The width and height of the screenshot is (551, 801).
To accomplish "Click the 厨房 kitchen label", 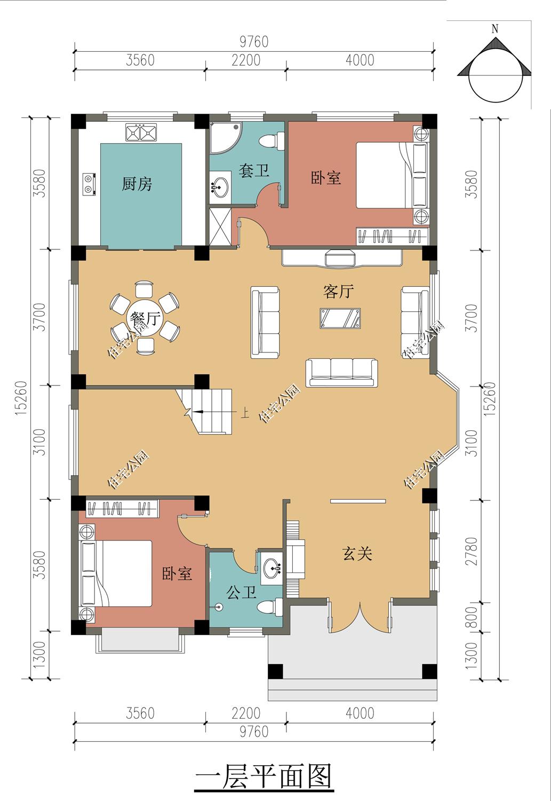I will pyautogui.click(x=137, y=185).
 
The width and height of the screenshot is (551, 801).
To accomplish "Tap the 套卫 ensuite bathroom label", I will pyautogui.click(x=253, y=171).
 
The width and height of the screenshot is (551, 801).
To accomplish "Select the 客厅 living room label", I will pyautogui.click(x=338, y=292).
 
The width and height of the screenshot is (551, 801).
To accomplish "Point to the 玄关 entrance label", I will pyautogui.click(x=357, y=554).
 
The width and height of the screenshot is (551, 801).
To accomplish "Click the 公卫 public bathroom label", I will pyautogui.click(x=242, y=592).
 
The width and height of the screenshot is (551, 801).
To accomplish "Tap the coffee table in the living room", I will pyautogui.click(x=340, y=318).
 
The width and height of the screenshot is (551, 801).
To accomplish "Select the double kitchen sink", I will pyautogui.click(x=141, y=132).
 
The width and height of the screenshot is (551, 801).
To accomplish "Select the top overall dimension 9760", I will pyautogui.click(x=253, y=42).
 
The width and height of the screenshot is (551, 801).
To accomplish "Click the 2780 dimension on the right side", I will pyautogui.click(x=473, y=551).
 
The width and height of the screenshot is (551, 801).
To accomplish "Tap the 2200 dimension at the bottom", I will pyautogui.click(x=246, y=713).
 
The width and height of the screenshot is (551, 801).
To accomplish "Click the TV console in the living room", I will pyautogui.click(x=341, y=258).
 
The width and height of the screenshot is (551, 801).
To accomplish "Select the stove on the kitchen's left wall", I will pyautogui.click(x=89, y=183).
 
